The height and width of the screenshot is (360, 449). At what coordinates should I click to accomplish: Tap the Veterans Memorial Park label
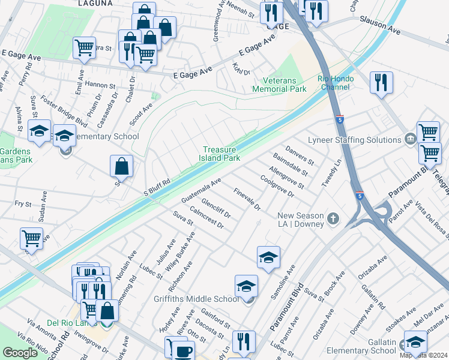click(x=279, y=85)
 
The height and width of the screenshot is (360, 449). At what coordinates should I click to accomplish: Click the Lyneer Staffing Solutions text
click(x=354, y=140)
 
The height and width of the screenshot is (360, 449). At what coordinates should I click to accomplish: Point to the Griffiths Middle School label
click(x=204, y=299)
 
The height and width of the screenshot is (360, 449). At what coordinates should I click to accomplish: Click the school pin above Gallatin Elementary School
click(x=415, y=343)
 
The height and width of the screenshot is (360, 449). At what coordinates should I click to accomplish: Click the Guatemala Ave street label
click(x=201, y=190)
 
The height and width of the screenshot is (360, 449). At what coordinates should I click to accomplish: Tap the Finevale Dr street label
click(x=246, y=198)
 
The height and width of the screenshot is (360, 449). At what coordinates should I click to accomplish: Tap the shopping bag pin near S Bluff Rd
click(x=121, y=167)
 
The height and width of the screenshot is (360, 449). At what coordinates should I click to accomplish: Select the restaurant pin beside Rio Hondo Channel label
click(x=381, y=83)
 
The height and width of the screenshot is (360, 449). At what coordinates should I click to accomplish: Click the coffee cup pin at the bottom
click(x=184, y=350)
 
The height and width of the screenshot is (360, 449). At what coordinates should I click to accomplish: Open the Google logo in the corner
click(x=20, y=353)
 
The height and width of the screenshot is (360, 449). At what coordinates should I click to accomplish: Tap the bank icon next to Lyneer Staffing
click(x=410, y=139)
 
